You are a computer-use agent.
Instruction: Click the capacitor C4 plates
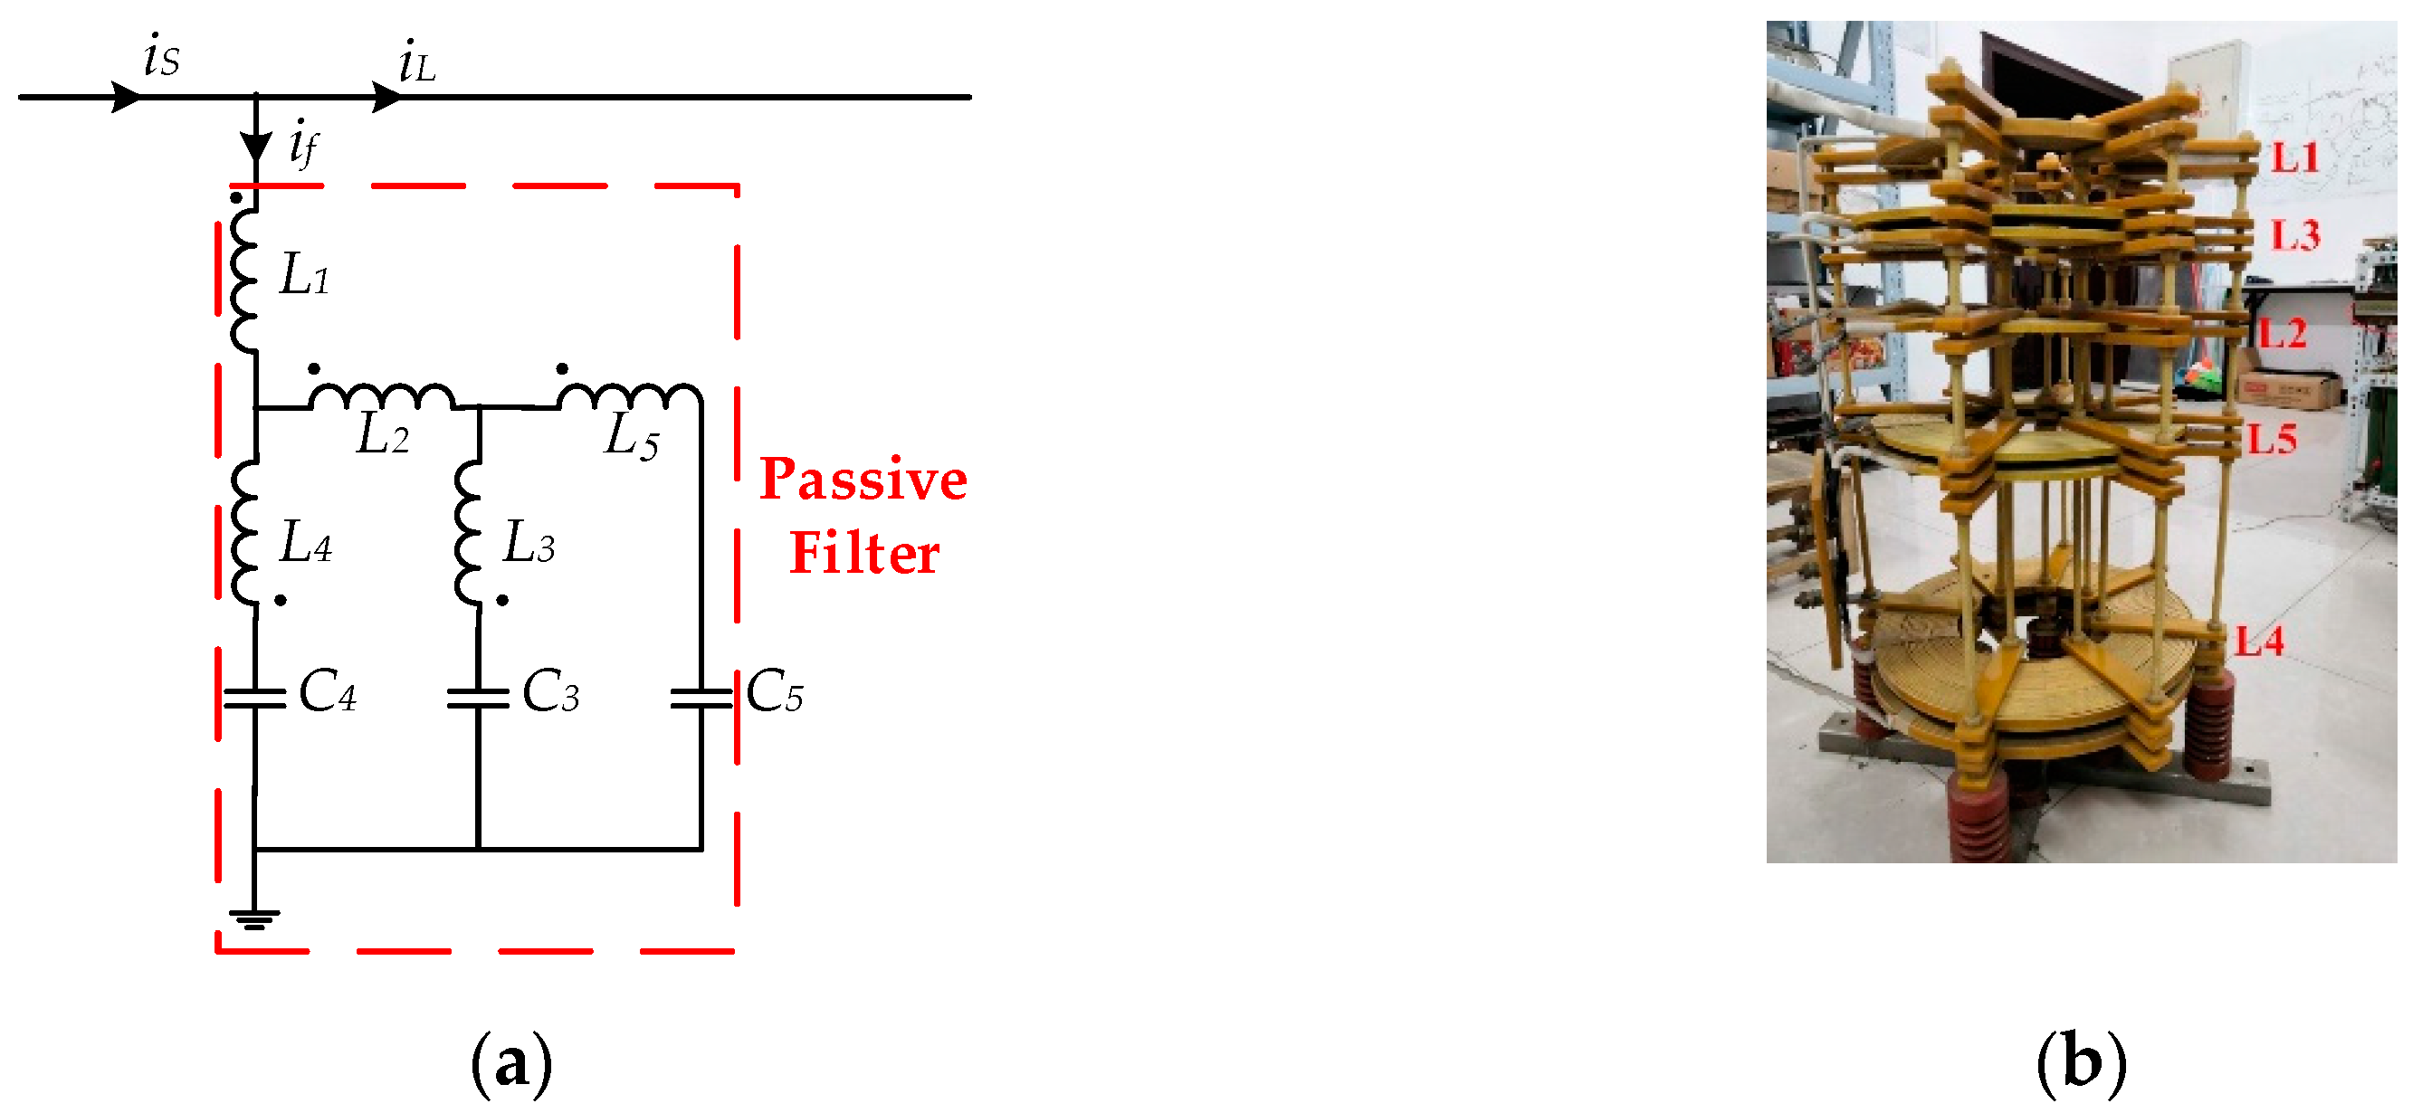(x=253, y=698)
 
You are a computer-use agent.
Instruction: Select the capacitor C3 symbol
(x=478, y=698)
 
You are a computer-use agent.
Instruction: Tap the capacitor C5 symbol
(x=701, y=698)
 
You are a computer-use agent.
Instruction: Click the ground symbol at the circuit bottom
(x=253, y=918)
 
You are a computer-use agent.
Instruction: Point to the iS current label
(x=161, y=56)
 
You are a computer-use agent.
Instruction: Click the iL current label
(x=415, y=64)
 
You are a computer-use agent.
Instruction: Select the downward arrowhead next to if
(x=256, y=147)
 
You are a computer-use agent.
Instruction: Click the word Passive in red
(x=863, y=480)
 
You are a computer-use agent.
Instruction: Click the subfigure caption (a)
(x=510, y=1062)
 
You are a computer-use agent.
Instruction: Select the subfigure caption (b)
(x=2081, y=1062)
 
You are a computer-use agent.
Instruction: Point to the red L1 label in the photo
(x=2294, y=158)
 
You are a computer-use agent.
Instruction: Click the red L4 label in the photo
(x=2259, y=642)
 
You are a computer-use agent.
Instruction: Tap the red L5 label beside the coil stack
(x=2273, y=439)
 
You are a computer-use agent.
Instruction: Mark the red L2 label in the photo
(x=2282, y=334)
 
